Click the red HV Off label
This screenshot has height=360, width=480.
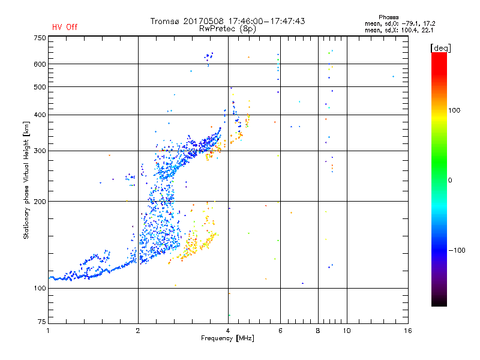pos(65,27)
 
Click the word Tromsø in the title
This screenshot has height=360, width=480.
pos(167,21)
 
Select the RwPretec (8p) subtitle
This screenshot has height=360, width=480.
pos(228,28)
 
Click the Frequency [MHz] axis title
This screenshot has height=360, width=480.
pos(228,339)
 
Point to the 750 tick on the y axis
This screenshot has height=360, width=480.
pos(40,38)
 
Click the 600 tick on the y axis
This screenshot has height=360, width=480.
pos(40,64)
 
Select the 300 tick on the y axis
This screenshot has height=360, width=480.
pos(40,151)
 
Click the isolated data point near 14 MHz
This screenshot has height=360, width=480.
pos(393,77)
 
